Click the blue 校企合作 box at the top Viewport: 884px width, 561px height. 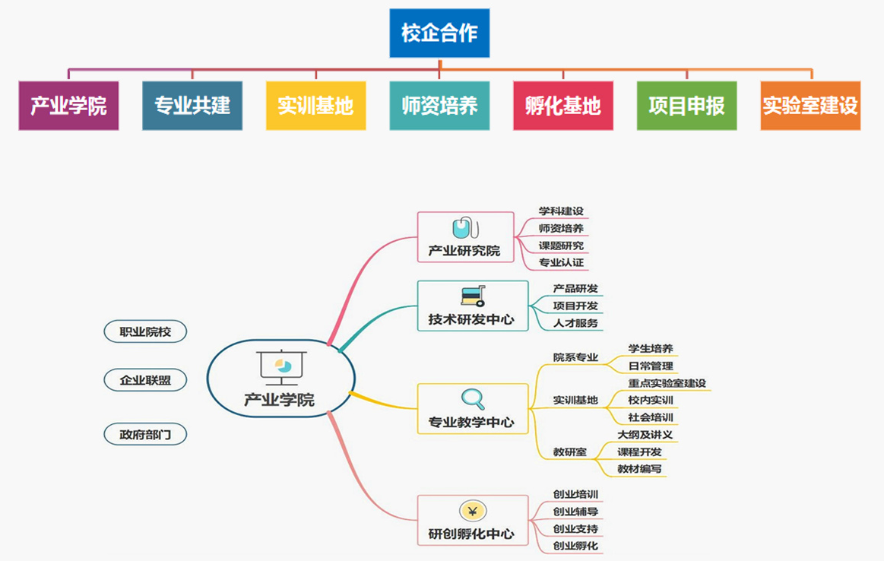(x=439, y=33)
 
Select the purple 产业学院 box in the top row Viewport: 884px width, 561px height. (x=68, y=105)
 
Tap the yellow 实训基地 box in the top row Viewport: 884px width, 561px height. (x=315, y=105)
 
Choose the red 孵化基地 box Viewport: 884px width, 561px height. (x=563, y=105)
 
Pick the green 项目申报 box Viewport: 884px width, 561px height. (x=686, y=105)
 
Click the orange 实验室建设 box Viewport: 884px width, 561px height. (x=810, y=105)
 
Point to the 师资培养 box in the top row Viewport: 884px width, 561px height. (x=439, y=105)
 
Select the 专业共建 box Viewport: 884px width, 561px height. (x=192, y=105)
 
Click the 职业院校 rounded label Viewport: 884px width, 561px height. (x=145, y=331)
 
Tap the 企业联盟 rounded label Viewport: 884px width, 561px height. (x=145, y=380)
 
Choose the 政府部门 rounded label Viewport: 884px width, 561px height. (x=145, y=435)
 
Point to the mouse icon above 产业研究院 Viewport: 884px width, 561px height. (x=464, y=227)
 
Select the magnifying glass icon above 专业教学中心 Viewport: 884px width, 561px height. (x=473, y=398)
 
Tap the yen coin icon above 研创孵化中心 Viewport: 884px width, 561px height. (x=473, y=511)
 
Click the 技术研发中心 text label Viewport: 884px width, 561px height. (x=471, y=320)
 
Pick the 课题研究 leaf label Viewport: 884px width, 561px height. (x=561, y=246)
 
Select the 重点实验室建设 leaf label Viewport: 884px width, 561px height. (x=668, y=383)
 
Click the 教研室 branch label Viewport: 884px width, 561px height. (x=570, y=452)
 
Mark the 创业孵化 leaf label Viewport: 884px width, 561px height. (x=575, y=546)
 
